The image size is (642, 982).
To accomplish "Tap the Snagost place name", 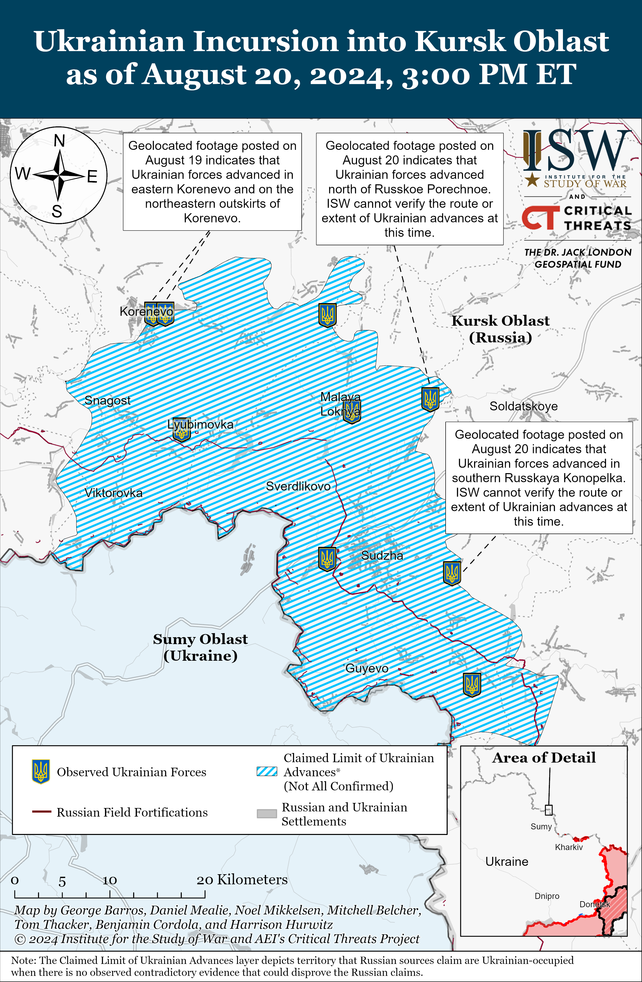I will coord(107,400).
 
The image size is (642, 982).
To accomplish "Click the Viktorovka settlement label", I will coord(114,493).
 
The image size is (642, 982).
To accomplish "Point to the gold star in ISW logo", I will coord(532,180).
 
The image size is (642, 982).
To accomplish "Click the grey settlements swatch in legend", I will coord(267,813).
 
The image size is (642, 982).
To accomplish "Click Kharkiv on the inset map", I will coord(568,847).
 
